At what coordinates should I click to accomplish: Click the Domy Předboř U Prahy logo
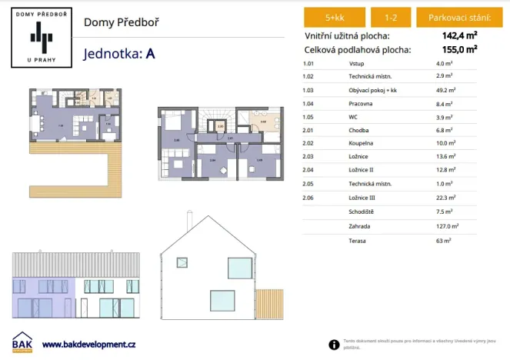[38, 37]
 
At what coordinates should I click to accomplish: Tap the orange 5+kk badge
[335, 17]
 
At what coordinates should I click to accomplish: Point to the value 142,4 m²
[459, 35]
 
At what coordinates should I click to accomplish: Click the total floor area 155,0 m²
[459, 49]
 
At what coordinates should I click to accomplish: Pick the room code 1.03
[309, 90]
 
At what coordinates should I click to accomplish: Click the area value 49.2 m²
[445, 90]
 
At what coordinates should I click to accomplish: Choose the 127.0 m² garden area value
[447, 226]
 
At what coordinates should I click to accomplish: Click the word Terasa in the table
[357, 240]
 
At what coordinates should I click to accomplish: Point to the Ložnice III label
[363, 198]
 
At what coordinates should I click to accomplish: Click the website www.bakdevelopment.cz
[88, 344]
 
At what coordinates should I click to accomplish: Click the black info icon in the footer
[334, 345]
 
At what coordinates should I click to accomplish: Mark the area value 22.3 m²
[445, 198]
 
